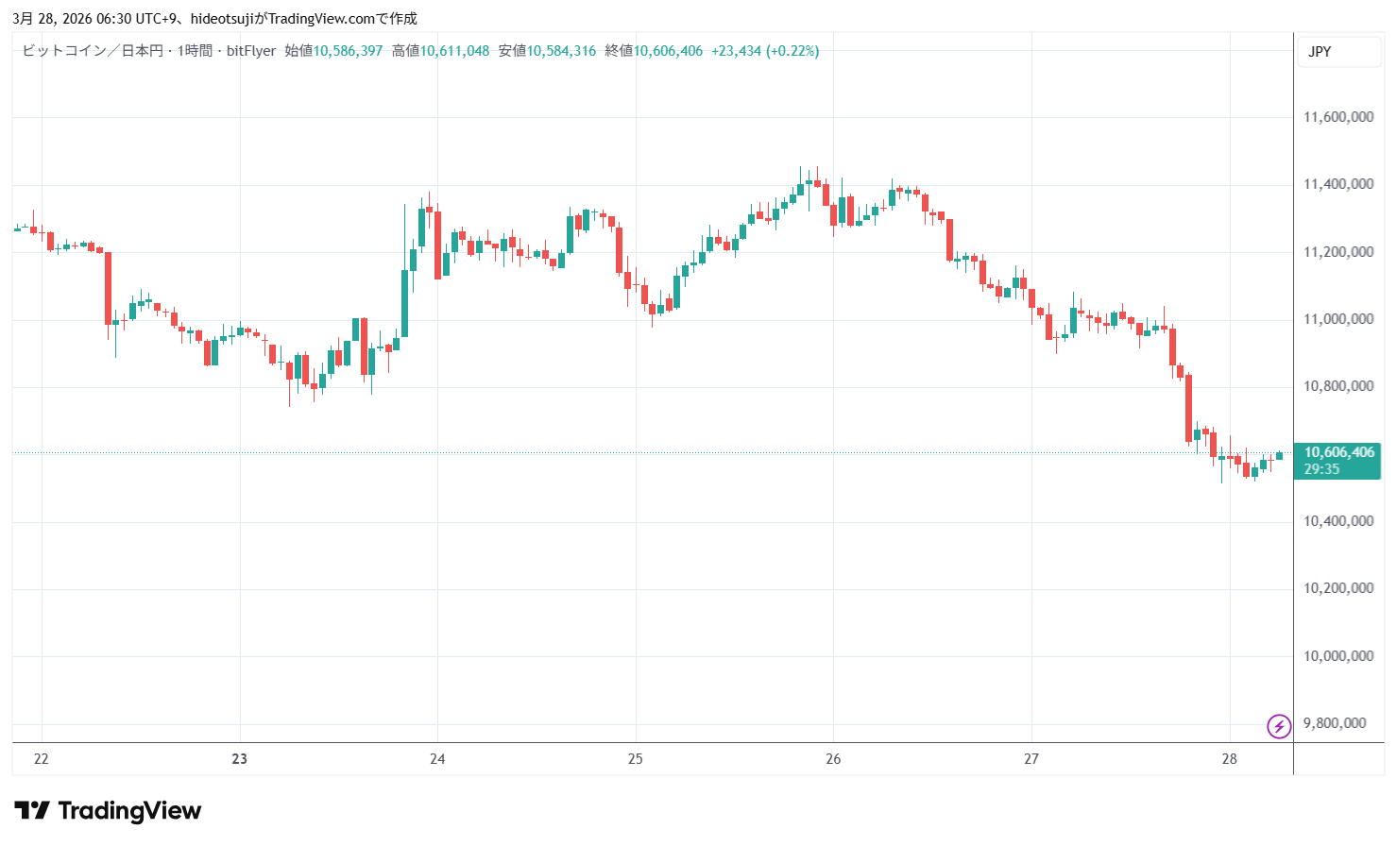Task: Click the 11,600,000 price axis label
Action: [1337, 117]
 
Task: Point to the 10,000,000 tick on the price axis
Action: [1337, 656]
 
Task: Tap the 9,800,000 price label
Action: [1334, 723]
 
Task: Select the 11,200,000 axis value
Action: [1337, 252]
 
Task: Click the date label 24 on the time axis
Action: [437, 759]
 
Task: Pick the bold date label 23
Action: [240, 759]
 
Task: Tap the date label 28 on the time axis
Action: [1229, 759]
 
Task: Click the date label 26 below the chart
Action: [833, 759]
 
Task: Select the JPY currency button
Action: [1320, 52]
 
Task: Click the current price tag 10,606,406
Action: [1338, 452]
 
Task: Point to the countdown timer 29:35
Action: [1321, 469]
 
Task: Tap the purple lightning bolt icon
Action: [1279, 726]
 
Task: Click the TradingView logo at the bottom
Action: [108, 811]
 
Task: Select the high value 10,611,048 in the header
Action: [454, 51]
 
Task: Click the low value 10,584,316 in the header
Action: [561, 51]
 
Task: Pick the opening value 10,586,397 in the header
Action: [348, 51]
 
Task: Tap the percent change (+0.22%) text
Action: [792, 51]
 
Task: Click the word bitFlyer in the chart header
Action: [251, 51]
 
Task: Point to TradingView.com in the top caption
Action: [322, 19]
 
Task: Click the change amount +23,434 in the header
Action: [736, 51]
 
